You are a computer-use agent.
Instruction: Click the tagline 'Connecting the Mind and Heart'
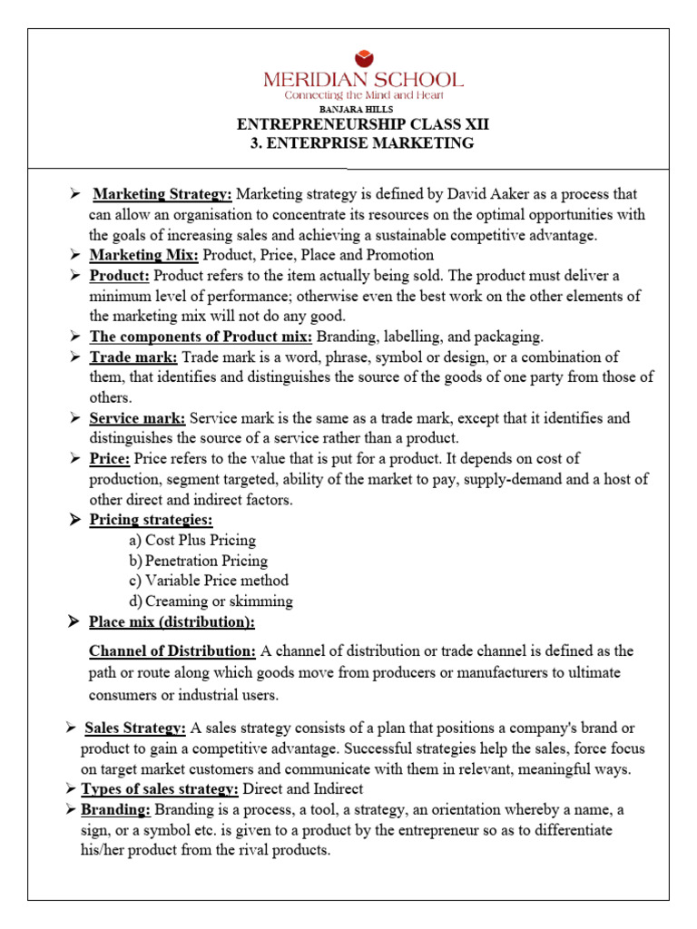click(x=363, y=95)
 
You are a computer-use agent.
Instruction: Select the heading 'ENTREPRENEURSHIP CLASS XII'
click(x=362, y=125)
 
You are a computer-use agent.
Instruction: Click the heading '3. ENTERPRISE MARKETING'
click(x=362, y=143)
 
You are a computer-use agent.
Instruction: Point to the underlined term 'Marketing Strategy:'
click(x=164, y=194)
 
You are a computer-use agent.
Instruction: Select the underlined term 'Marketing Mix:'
click(x=143, y=255)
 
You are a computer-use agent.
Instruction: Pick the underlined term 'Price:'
click(x=110, y=459)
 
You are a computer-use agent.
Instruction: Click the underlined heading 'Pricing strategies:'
click(x=151, y=520)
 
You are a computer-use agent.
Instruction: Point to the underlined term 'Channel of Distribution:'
click(x=172, y=651)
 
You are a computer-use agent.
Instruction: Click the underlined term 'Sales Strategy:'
click(x=136, y=729)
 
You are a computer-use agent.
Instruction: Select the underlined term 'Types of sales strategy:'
click(x=161, y=789)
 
